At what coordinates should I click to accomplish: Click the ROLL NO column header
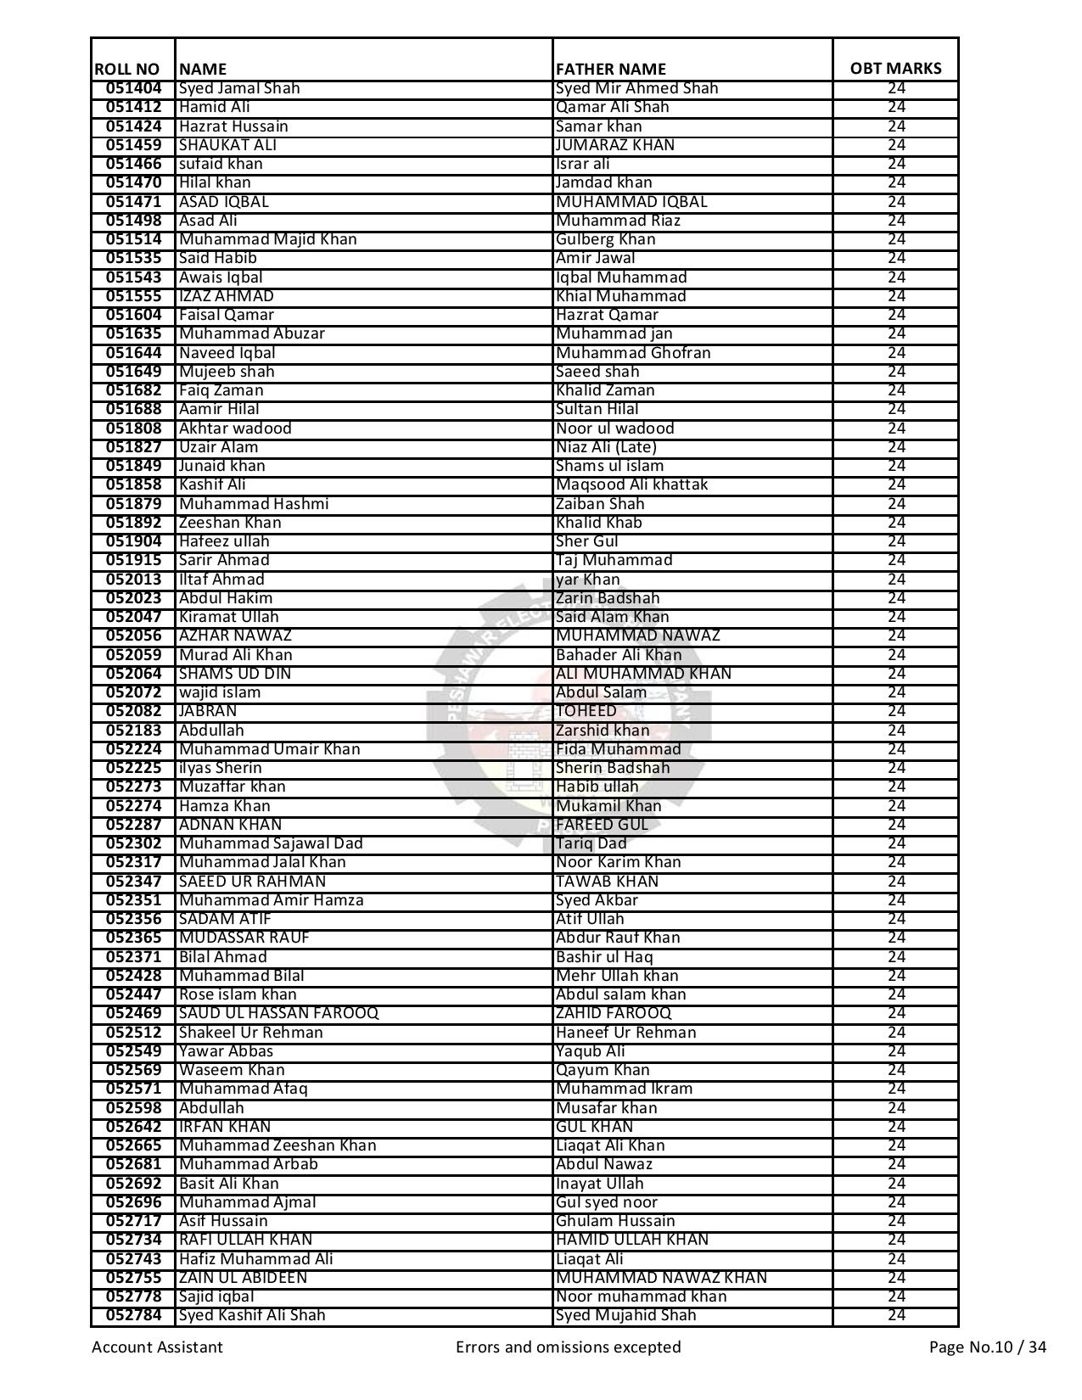126,69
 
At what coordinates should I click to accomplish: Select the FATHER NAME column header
610,69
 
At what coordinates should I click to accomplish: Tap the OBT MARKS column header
895,69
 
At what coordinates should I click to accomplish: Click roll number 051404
133,88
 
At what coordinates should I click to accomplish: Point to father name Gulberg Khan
605,239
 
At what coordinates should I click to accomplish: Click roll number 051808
133,428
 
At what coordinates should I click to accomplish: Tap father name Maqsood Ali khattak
631,484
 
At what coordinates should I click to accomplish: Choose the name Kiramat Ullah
228,617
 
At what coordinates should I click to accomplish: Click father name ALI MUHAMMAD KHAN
643,674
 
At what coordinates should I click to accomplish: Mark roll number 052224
133,749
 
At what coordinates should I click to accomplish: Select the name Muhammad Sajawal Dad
271,843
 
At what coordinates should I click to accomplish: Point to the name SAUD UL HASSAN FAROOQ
278,1013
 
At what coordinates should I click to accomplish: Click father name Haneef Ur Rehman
625,1033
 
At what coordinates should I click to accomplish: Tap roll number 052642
133,1127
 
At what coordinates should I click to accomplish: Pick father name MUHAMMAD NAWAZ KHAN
661,1278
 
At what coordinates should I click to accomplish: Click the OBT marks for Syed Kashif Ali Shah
896,1315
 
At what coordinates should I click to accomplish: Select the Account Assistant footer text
157,1347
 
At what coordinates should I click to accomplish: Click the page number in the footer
988,1347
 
